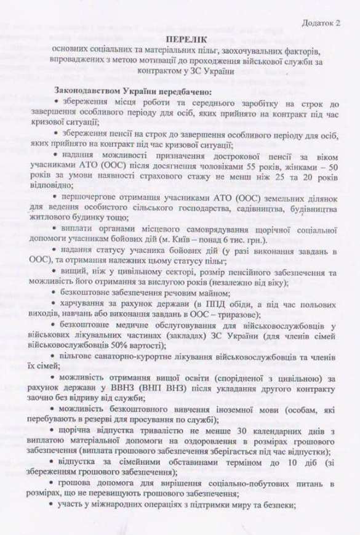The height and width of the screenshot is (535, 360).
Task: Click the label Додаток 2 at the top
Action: (321, 23)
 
